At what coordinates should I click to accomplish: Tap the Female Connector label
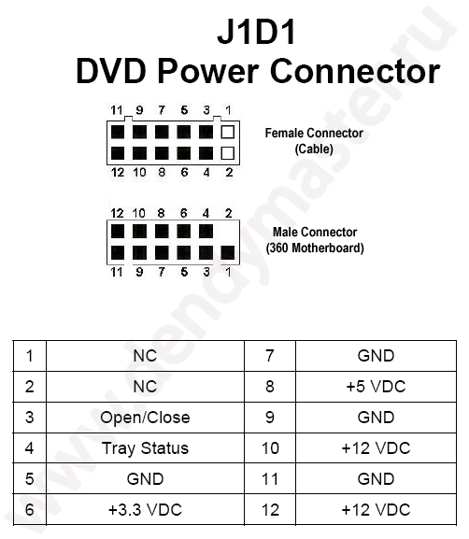[314, 134]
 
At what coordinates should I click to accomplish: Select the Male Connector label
[315, 232]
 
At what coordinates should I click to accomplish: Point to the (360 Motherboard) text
[315, 248]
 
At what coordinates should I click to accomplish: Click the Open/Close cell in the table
[145, 417]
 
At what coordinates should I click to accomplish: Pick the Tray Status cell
[145, 447]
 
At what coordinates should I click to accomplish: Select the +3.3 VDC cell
[145, 509]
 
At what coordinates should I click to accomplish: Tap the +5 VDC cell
[376, 386]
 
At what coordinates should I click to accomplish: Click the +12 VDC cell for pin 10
[376, 447]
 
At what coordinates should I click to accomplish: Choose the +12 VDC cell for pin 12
[376, 509]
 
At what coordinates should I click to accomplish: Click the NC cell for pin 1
[145, 355]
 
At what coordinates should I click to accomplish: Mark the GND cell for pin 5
[145, 478]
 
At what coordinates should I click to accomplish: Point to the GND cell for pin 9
[376, 417]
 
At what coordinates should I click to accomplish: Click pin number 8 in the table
[270, 386]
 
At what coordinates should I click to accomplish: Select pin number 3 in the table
[30, 417]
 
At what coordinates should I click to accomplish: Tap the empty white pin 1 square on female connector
[228, 132]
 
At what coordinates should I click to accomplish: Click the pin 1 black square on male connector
[228, 251]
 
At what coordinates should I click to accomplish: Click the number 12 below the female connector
[117, 172]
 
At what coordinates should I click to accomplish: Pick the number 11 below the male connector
[117, 272]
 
